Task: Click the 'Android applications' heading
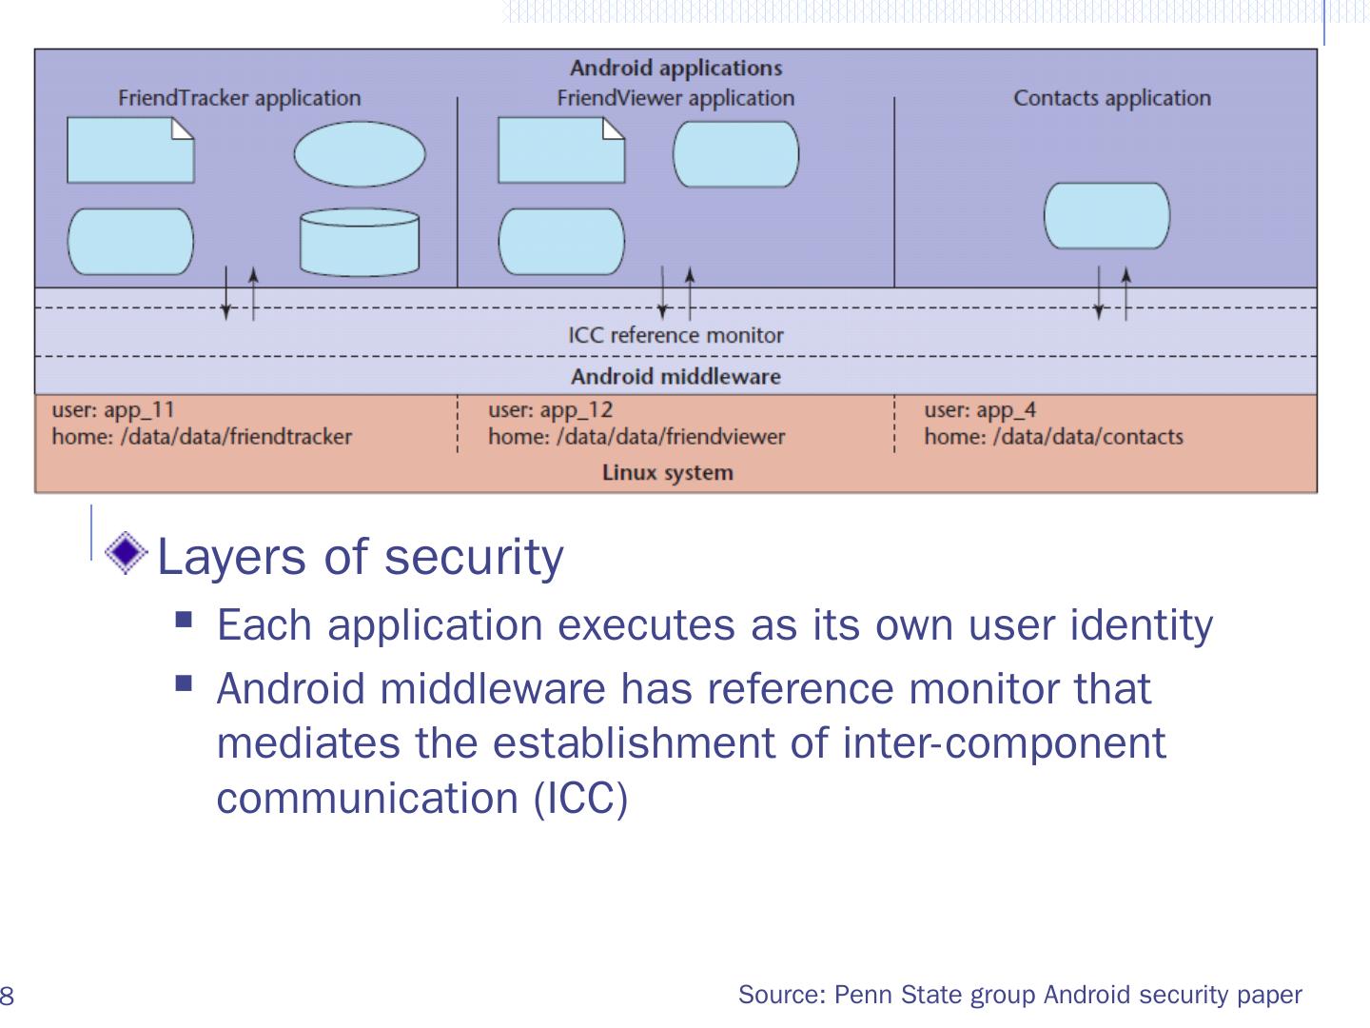(x=675, y=68)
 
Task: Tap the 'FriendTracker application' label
(x=240, y=99)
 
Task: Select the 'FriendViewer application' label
(x=675, y=99)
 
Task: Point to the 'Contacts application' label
(x=1112, y=99)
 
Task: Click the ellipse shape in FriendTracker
(x=360, y=154)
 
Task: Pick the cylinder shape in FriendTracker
(x=360, y=242)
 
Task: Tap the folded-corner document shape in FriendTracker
(x=130, y=150)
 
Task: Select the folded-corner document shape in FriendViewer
(x=561, y=150)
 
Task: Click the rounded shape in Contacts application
(x=1107, y=216)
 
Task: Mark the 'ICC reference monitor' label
(x=675, y=336)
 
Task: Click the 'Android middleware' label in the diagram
(x=675, y=377)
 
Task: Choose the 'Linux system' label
(x=668, y=473)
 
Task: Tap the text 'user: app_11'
(x=113, y=410)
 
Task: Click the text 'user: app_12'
(x=551, y=410)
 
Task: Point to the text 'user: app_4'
(x=980, y=410)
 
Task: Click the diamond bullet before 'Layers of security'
(x=127, y=553)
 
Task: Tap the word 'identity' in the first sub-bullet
(x=1142, y=625)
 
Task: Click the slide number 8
(x=7, y=995)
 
